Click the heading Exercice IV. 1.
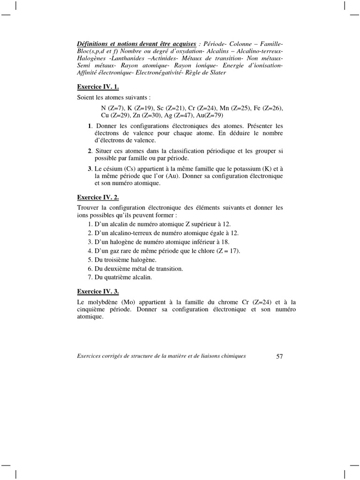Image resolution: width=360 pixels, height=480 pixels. tap(97, 87)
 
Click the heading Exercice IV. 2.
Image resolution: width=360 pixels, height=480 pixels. tap(97, 197)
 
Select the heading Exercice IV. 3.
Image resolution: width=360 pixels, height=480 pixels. tap(97, 292)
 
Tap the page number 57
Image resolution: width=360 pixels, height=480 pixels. tap(279, 356)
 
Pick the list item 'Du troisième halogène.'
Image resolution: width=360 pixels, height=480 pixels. tap(122, 259)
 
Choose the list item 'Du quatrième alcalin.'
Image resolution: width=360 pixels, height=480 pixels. tap(120, 277)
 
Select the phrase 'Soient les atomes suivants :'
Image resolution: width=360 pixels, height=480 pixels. tap(114, 97)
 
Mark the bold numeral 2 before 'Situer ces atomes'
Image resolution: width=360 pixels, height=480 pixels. tap(90, 151)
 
